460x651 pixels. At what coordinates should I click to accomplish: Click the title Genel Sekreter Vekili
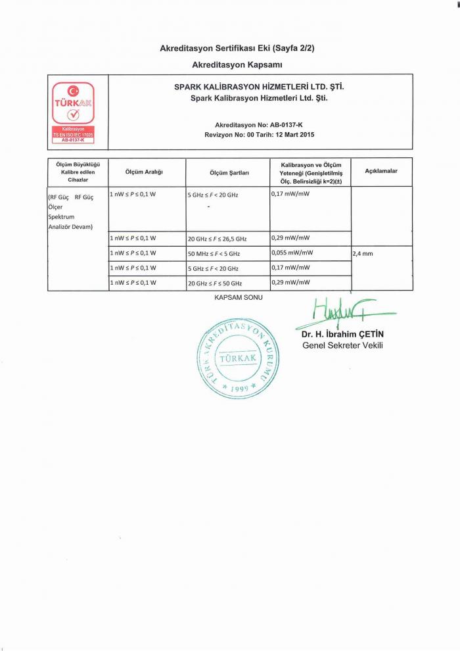[342, 345]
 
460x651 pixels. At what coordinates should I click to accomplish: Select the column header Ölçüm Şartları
[228, 172]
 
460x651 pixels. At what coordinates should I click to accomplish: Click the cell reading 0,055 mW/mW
[292, 253]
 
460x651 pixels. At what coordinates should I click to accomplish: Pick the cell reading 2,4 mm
[363, 253]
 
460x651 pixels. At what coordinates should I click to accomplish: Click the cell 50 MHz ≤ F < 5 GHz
[214, 253]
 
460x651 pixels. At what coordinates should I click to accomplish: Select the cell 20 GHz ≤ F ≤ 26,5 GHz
[217, 239]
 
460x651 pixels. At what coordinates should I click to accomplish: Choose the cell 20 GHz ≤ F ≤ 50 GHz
[215, 283]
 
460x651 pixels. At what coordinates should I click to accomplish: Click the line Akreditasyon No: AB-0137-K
[258, 124]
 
